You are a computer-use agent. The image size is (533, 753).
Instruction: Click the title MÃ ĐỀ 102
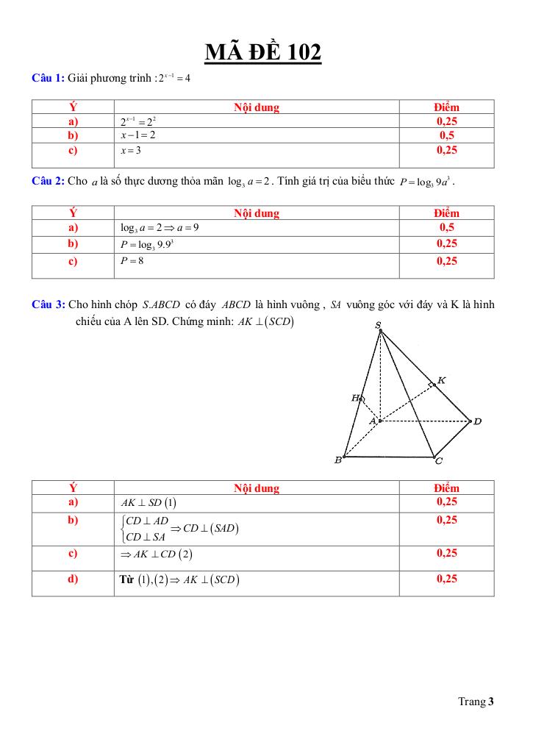click(x=262, y=52)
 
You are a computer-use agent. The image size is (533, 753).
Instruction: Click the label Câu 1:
click(x=49, y=77)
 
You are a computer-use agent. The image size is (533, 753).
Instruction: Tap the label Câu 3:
click(x=49, y=304)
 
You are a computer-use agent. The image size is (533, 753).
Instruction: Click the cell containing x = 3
click(x=131, y=151)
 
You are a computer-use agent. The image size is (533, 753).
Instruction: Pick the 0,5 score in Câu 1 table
click(x=446, y=136)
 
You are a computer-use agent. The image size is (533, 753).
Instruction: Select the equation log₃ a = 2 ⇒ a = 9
click(x=160, y=228)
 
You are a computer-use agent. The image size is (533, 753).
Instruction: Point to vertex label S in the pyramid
click(x=378, y=325)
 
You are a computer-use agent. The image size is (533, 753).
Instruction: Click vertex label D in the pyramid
click(x=477, y=421)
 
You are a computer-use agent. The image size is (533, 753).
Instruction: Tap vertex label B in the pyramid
click(x=338, y=460)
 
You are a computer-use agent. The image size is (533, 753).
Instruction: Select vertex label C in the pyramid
click(x=439, y=462)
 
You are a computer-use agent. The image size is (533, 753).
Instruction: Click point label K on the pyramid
click(x=441, y=380)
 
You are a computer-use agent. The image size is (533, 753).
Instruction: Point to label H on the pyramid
click(x=356, y=398)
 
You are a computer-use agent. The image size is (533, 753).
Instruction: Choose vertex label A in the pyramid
click(x=373, y=421)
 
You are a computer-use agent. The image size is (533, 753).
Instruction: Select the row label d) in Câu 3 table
click(x=73, y=579)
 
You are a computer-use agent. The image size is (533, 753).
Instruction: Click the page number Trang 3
click(x=476, y=702)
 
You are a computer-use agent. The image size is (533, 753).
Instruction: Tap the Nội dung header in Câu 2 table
click(x=257, y=213)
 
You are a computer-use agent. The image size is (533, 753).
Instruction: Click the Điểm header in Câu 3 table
click(x=446, y=488)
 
